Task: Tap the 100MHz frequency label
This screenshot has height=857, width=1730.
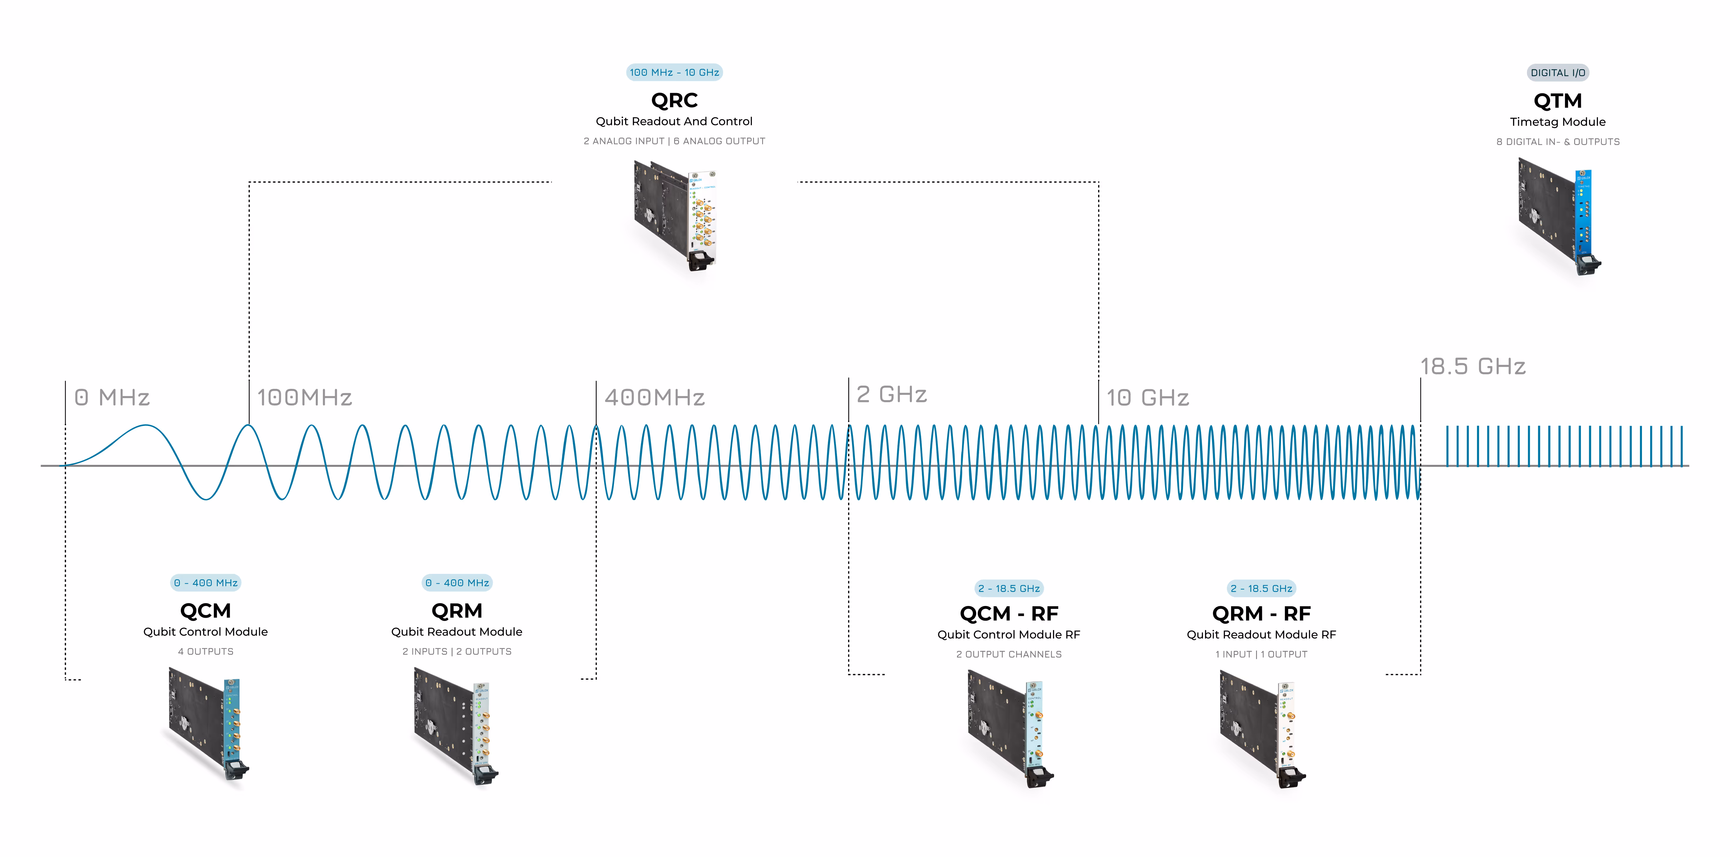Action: [x=304, y=398]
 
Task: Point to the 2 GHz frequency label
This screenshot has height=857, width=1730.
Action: [x=892, y=394]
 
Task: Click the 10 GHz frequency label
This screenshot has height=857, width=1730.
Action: [x=1148, y=398]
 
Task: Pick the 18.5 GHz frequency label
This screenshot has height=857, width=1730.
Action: [x=1473, y=367]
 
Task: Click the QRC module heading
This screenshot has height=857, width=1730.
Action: [x=674, y=101]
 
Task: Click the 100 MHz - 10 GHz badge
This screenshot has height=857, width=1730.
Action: [x=674, y=73]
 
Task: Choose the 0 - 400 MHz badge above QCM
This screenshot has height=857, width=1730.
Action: [x=205, y=583]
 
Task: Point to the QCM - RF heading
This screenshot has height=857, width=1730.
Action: [x=1009, y=614]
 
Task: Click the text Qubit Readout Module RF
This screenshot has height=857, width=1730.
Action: [x=1261, y=635]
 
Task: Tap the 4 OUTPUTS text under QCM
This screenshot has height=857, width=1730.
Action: [x=205, y=651]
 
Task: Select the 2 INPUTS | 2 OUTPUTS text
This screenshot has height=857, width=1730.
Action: [x=457, y=651]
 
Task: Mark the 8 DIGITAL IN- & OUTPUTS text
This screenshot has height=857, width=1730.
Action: [x=1557, y=142]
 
